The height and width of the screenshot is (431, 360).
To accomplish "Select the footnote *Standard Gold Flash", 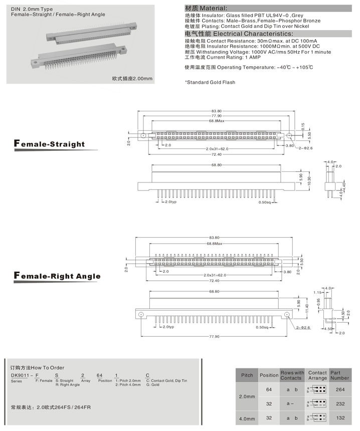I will click(210, 82).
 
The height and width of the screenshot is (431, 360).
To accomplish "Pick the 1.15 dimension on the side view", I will click(317, 292).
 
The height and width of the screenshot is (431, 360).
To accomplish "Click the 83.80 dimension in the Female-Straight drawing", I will click(216, 111).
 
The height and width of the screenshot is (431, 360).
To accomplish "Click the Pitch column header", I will click(247, 375).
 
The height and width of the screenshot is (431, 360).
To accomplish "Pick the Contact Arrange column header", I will click(317, 375).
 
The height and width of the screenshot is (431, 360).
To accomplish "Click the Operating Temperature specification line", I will click(249, 67).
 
